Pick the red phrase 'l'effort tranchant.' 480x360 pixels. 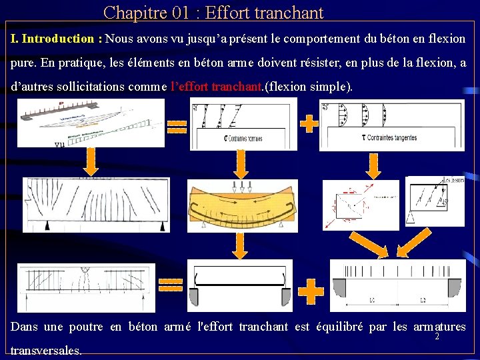click(217, 87)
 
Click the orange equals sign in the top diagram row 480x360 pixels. click(177, 125)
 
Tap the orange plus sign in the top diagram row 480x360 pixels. click(309, 123)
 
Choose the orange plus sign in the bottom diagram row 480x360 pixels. click(311, 291)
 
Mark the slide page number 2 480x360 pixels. click(437, 337)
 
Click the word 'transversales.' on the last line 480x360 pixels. click(47, 350)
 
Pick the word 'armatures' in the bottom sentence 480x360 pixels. click(439, 327)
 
